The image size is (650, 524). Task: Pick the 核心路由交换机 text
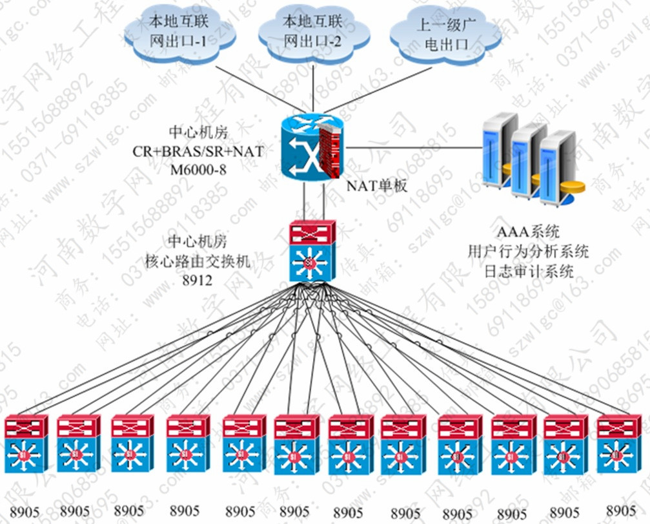coord(200,261)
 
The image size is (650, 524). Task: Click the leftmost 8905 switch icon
coord(26,446)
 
